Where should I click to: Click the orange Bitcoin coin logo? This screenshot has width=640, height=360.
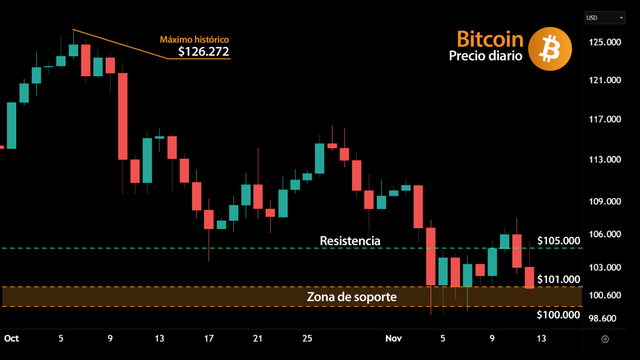[550, 49]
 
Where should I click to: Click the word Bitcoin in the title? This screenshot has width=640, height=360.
[490, 39]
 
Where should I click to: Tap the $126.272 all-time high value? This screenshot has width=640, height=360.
[204, 51]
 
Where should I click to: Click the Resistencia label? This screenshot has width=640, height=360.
[349, 241]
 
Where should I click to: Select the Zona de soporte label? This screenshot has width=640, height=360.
[351, 297]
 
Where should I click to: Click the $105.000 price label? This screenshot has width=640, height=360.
[558, 241]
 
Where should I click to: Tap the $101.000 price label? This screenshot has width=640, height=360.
[558, 279]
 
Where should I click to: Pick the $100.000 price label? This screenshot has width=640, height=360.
[558, 314]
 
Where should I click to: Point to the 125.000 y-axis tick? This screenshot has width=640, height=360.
[606, 42]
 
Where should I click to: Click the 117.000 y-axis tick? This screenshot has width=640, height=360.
[606, 119]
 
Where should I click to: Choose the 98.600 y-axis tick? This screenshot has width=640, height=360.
[604, 318]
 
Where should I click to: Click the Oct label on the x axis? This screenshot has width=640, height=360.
[12, 338]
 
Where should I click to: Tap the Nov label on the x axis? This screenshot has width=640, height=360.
[393, 338]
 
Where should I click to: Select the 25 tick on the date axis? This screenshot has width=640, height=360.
[307, 338]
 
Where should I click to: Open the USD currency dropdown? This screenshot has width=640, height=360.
[604, 18]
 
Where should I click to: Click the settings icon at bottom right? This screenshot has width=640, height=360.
[605, 339]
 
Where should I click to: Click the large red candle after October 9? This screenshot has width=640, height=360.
[123, 116]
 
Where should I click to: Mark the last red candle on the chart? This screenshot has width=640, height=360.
[529, 277]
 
